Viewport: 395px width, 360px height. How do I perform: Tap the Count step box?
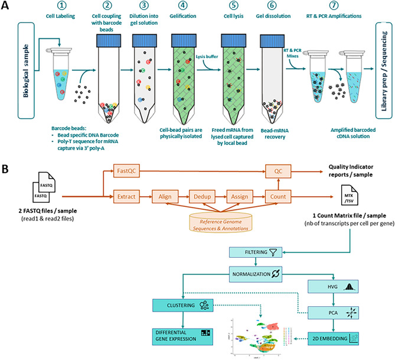click(278, 195)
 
